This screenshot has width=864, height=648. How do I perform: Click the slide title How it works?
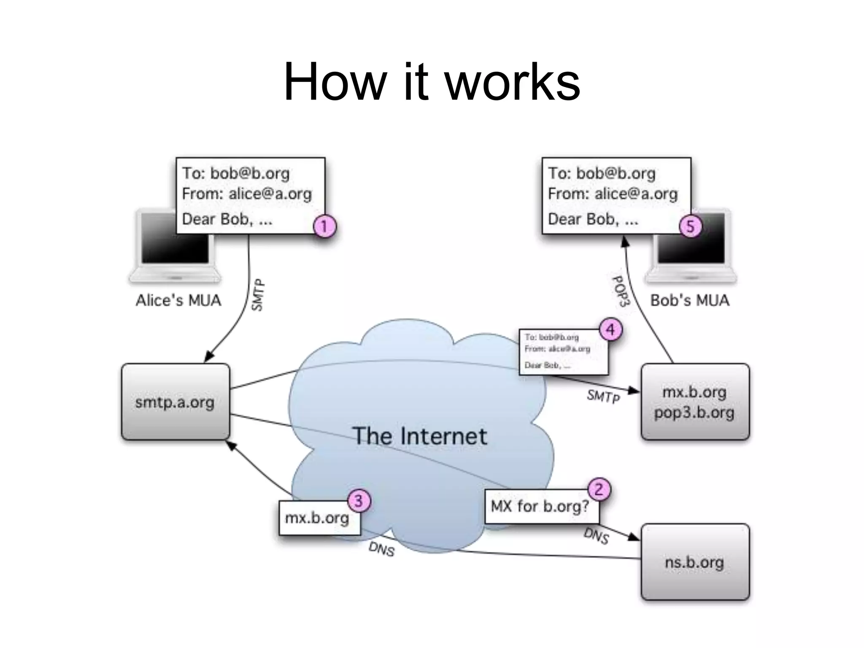tap(432, 82)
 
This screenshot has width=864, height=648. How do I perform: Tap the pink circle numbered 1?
tap(324, 226)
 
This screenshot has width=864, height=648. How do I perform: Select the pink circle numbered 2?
tap(599, 489)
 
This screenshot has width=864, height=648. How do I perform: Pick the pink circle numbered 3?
tap(359, 501)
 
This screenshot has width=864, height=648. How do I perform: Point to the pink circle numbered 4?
tap(611, 329)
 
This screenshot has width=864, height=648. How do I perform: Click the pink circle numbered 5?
tap(691, 226)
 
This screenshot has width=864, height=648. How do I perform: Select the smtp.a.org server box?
tap(175, 402)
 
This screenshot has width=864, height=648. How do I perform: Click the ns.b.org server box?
tap(695, 562)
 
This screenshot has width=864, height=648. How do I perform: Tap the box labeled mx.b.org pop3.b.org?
tap(695, 402)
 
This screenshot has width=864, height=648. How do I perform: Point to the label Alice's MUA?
tap(178, 300)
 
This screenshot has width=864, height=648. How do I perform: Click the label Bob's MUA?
tap(690, 300)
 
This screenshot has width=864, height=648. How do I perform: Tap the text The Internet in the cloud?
tap(420, 436)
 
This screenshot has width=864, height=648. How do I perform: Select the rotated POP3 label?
tap(621, 291)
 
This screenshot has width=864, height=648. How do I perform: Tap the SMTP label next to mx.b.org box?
tap(603, 396)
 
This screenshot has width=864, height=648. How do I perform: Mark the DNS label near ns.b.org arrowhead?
tap(596, 536)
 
